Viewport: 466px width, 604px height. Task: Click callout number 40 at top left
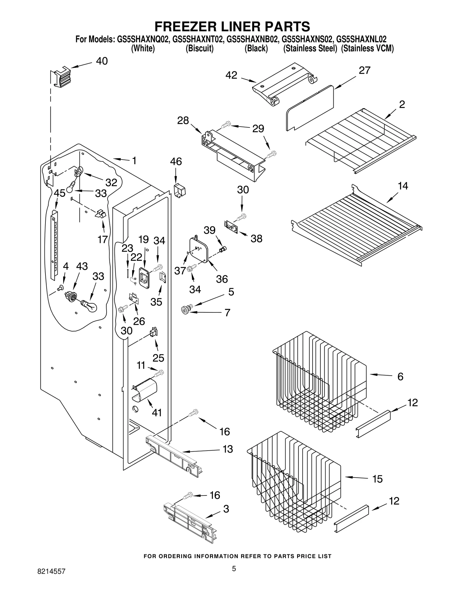click(102, 61)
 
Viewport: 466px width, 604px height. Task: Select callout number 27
click(364, 70)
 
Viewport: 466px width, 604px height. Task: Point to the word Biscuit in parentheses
click(200, 48)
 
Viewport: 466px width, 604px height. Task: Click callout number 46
click(176, 162)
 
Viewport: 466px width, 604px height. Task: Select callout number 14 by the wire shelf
click(403, 186)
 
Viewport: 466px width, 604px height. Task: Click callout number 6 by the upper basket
click(400, 377)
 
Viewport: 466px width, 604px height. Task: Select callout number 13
click(227, 449)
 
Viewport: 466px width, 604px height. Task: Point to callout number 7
click(227, 313)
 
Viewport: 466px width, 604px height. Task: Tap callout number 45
click(59, 193)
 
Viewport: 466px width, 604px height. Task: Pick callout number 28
click(183, 120)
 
